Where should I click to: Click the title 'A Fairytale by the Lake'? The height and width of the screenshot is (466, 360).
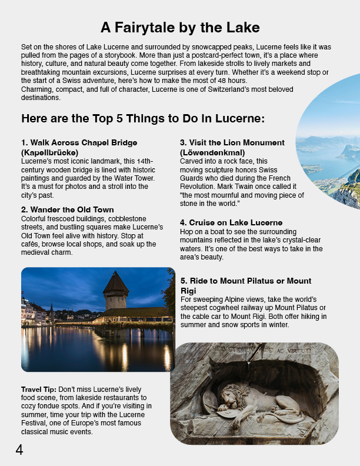tap(180, 28)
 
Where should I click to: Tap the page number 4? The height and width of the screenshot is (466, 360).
tap(19, 450)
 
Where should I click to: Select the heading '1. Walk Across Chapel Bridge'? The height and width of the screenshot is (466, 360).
tap(79, 143)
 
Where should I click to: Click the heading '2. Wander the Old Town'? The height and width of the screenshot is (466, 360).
tap(67, 210)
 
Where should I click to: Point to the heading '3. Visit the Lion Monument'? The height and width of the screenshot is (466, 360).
tap(232, 143)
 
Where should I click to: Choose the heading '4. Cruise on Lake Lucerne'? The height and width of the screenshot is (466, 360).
tap(231, 223)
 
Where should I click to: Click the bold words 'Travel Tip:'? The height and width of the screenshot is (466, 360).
tap(38, 390)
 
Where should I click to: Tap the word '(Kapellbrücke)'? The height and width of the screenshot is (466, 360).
tap(49, 152)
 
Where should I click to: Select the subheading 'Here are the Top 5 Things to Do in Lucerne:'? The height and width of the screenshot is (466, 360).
tap(143, 119)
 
